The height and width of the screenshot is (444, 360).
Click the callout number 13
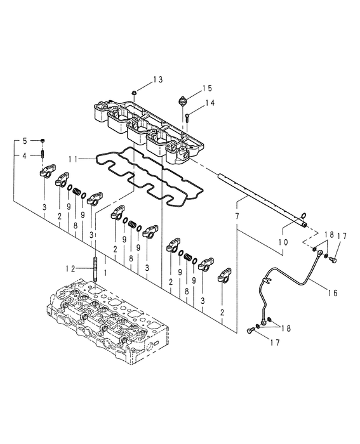[157, 79]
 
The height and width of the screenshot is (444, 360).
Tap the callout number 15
[207, 88]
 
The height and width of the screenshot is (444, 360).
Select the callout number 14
[209, 103]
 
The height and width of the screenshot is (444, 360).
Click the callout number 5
[25, 140]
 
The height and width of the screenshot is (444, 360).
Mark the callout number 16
[334, 293]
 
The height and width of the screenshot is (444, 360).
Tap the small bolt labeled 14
[189, 116]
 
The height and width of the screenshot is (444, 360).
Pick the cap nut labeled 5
[42, 140]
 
